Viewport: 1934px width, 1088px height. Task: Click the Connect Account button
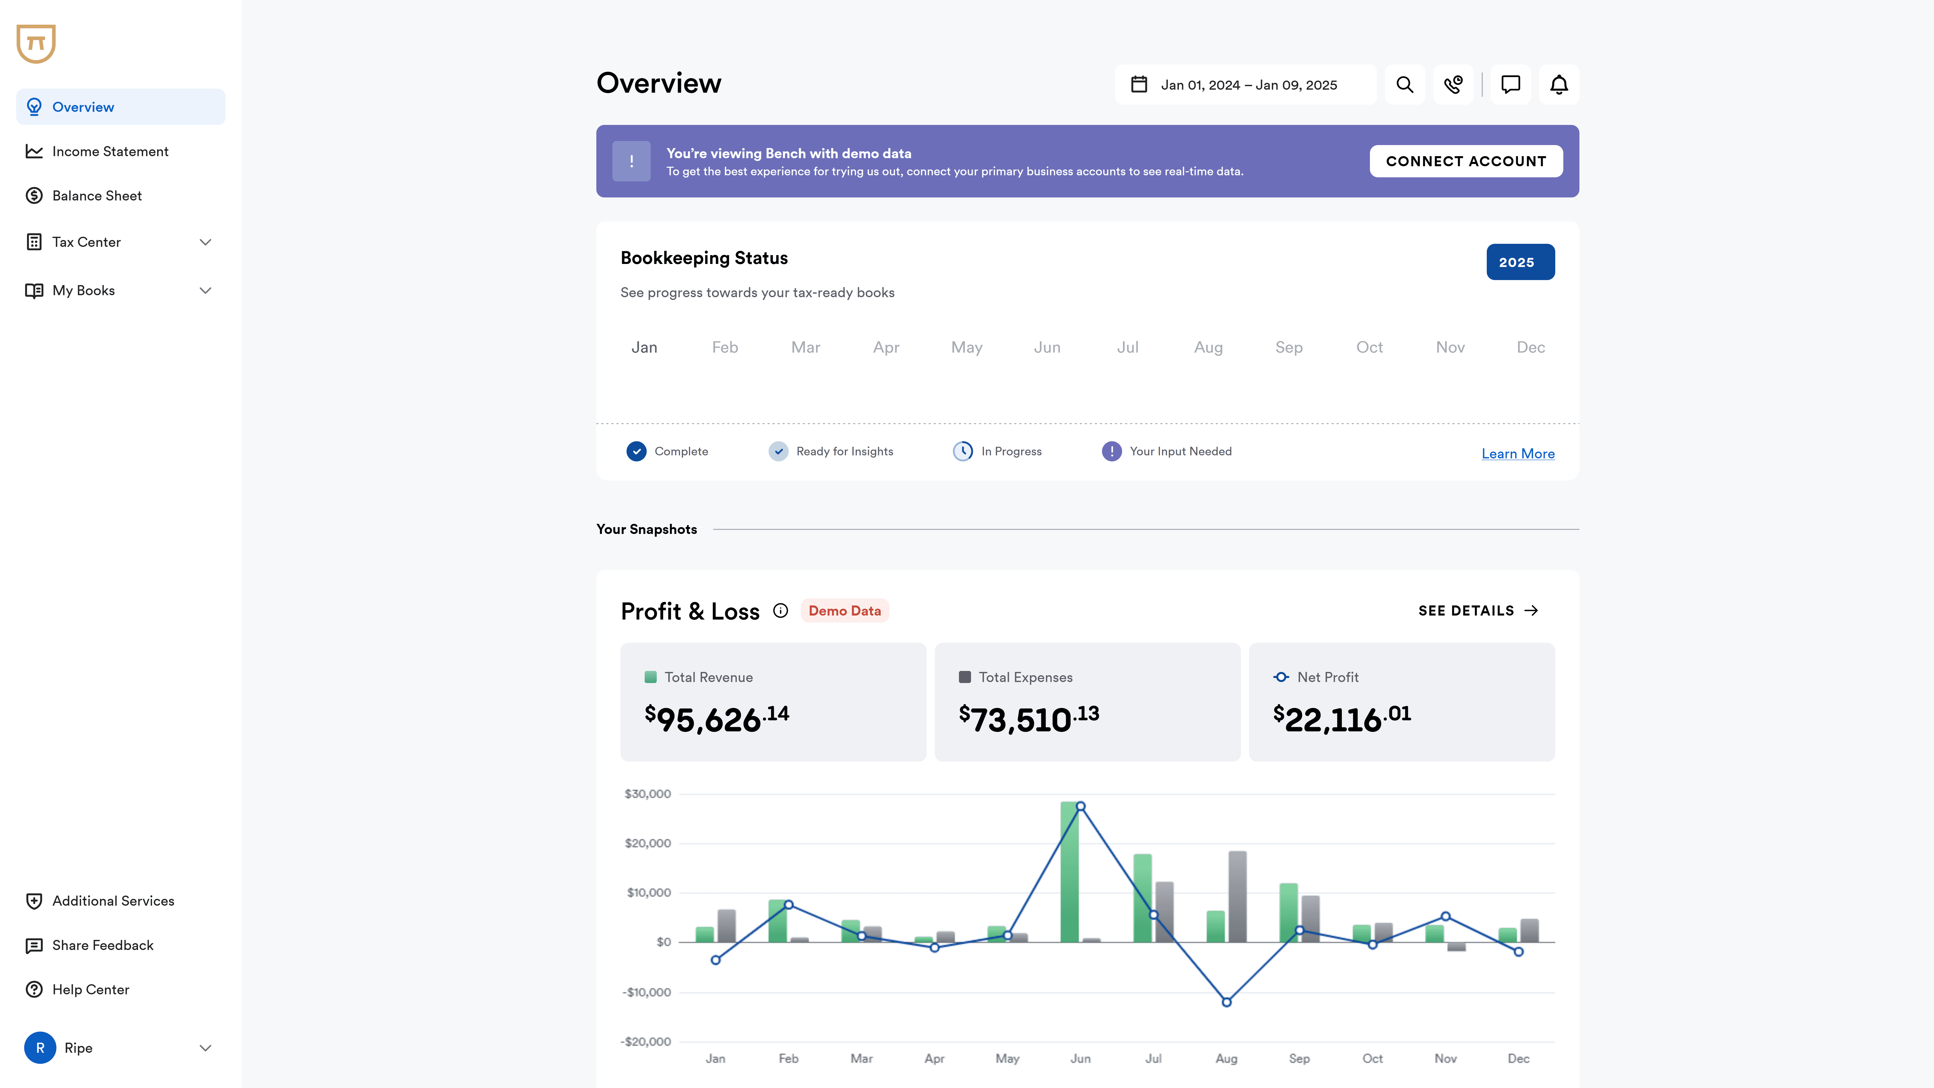[1466, 161]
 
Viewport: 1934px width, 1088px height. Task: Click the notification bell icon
[1559, 85]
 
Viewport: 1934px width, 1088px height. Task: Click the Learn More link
[1517, 454]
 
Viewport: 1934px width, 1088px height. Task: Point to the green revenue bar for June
[1069, 872]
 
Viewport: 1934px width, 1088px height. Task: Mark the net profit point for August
[1226, 1002]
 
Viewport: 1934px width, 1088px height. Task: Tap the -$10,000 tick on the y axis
[646, 992]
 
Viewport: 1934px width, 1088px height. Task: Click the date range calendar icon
[1139, 85]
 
